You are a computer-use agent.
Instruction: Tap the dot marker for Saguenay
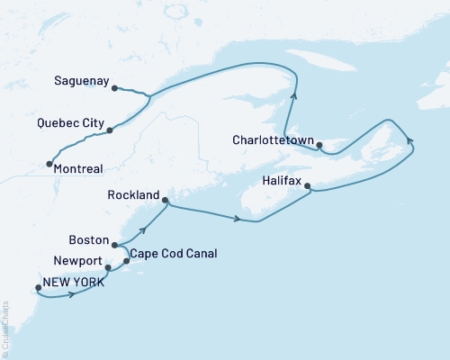point(114,87)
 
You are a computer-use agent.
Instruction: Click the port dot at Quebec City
point(110,130)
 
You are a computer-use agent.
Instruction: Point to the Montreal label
point(77,168)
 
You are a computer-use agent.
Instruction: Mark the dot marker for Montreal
point(48,164)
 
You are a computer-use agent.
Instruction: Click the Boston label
point(88,240)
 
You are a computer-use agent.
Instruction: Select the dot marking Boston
point(114,243)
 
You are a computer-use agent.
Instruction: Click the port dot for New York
point(38,289)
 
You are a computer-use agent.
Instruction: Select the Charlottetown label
point(273,140)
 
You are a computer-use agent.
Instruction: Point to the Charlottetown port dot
point(319,144)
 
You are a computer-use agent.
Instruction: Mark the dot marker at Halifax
point(308,187)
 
